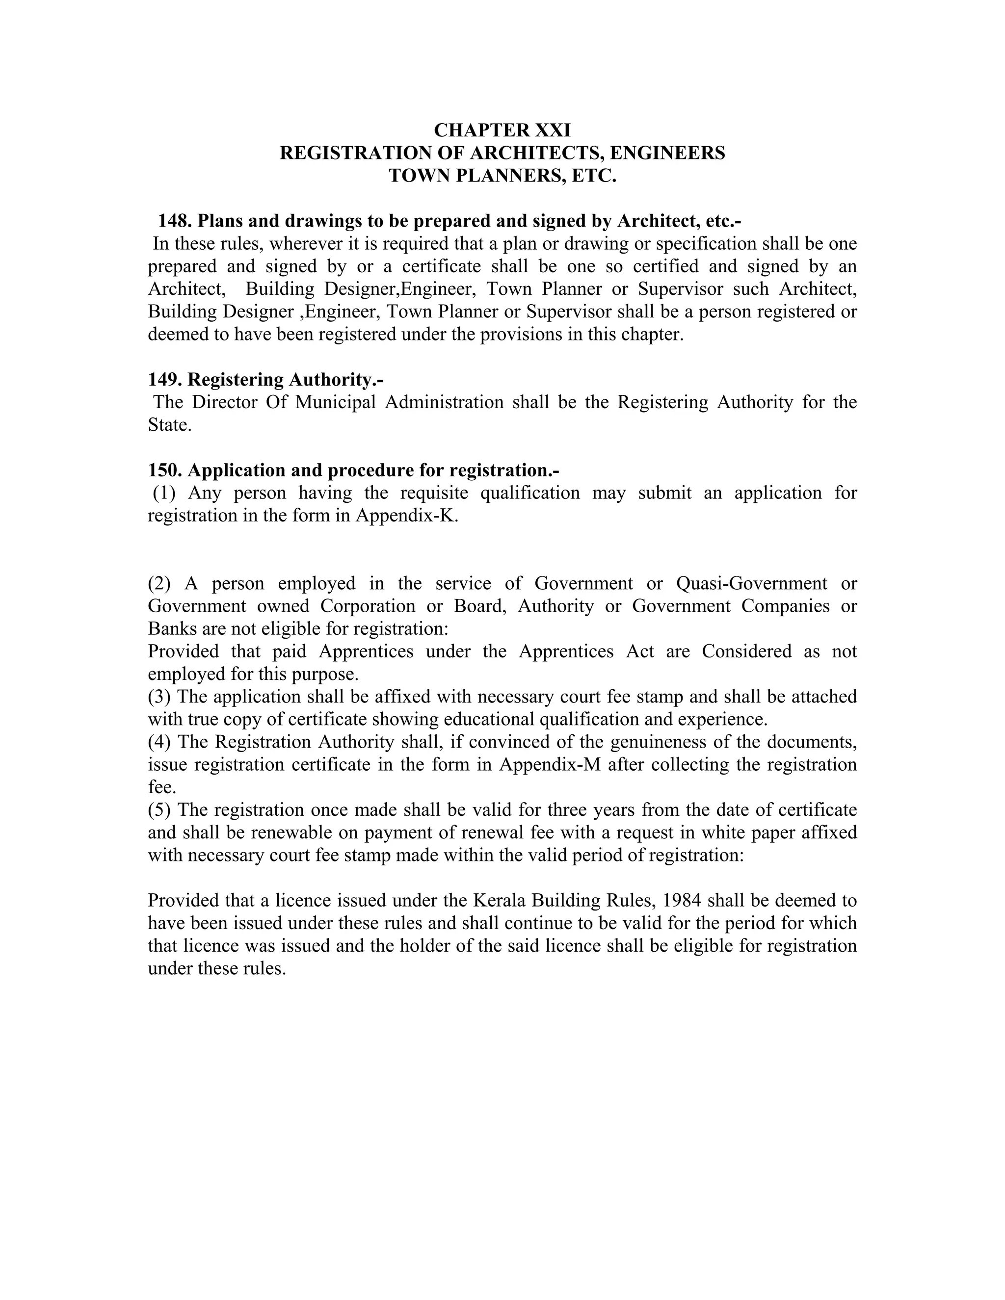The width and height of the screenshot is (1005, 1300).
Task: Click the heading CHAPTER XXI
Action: pos(502,130)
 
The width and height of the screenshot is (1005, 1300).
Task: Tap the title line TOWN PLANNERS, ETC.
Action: pos(502,176)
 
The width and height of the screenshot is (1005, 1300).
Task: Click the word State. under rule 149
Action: pos(170,425)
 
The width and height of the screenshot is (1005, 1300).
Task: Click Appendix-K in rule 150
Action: pos(407,516)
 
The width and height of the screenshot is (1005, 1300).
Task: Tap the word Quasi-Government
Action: pos(751,583)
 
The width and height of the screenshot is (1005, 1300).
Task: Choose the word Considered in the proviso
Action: pos(746,651)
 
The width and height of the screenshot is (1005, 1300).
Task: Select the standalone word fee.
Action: pos(161,787)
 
